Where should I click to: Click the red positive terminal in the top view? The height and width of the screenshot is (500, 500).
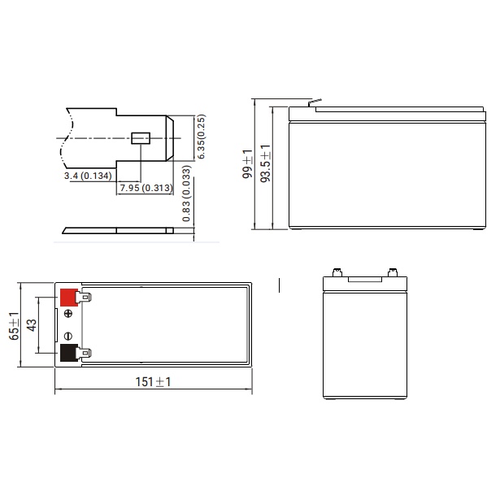click(x=68, y=298)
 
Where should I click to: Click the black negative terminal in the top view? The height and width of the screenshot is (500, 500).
click(x=68, y=354)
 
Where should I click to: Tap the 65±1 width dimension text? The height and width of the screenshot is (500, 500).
click(x=13, y=326)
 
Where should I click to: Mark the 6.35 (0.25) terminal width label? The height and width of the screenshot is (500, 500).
click(x=200, y=137)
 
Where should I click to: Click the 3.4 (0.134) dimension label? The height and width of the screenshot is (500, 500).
click(x=88, y=176)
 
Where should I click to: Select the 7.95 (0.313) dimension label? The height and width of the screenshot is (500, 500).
click(x=143, y=189)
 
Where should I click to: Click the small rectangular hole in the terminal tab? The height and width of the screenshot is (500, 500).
click(x=139, y=139)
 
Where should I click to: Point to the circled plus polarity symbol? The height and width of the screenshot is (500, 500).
click(x=67, y=315)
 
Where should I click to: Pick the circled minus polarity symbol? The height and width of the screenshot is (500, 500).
click(x=67, y=336)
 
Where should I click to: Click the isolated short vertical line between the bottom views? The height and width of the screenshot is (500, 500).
click(x=279, y=285)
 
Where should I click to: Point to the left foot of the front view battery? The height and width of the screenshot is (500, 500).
click(x=329, y=399)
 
